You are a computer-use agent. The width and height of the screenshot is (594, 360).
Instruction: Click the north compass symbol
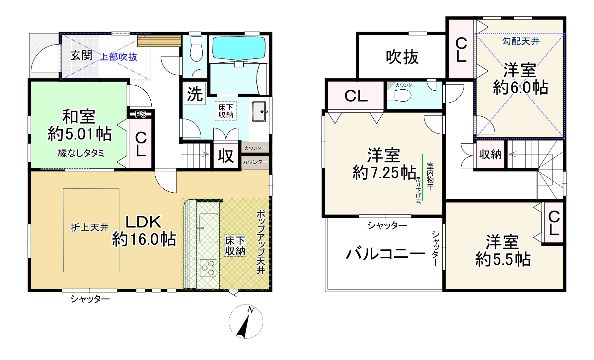pyautogui.click(x=246, y=321)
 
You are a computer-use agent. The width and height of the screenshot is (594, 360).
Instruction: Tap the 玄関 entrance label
pyautogui.click(x=81, y=55)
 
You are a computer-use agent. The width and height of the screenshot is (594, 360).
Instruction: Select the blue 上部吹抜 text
pyautogui.click(x=118, y=57)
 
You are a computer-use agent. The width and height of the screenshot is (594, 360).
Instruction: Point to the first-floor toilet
pyautogui.click(x=196, y=50)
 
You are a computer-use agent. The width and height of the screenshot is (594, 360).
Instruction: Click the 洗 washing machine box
pyautogui.click(x=195, y=94)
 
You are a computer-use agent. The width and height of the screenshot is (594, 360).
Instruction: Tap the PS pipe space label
pyautogui.click(x=141, y=114)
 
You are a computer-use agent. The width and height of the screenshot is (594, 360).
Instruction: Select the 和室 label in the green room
pyautogui.click(x=79, y=117)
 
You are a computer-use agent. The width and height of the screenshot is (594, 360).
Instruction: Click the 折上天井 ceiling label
pyautogui.click(x=90, y=227)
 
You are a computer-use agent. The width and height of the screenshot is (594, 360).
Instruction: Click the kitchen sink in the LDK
pyautogui.click(x=208, y=227)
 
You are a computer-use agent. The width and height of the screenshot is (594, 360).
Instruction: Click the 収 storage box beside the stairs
pyautogui.click(x=226, y=156)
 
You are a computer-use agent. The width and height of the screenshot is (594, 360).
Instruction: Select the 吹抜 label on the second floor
pyautogui.click(x=402, y=57)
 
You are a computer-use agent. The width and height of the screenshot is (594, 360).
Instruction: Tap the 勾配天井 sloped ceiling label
pyautogui.click(x=521, y=42)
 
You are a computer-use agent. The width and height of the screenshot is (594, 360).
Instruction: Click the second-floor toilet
pyautogui.click(x=400, y=96)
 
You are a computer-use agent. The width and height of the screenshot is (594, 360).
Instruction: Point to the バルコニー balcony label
pyautogui.click(x=385, y=254)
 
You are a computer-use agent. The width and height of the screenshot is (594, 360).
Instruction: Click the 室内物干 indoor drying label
pyautogui.click(x=430, y=176)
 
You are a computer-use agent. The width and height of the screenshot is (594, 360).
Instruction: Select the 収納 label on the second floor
pyautogui.click(x=490, y=154)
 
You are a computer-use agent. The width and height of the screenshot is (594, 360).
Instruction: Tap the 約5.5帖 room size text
pyautogui.click(x=503, y=259)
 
